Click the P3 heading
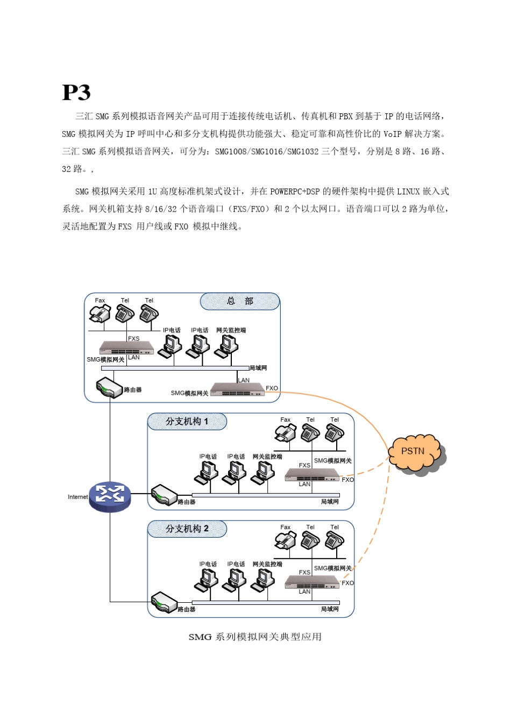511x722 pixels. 76,92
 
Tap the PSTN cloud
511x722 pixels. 413,452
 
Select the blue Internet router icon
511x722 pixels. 110,495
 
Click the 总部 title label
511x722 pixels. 240,301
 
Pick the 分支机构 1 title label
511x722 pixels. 187,422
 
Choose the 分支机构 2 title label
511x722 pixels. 187,529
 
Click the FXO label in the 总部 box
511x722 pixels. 272,388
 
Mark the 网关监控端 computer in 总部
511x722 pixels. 227,346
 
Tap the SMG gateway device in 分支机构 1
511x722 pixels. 312,475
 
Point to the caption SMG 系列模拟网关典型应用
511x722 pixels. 255,637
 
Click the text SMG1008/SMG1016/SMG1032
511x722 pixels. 266,151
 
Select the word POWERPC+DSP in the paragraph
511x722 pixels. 295,192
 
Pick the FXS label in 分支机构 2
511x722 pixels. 304,573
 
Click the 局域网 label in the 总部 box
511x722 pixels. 258,368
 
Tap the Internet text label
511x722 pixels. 77,497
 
